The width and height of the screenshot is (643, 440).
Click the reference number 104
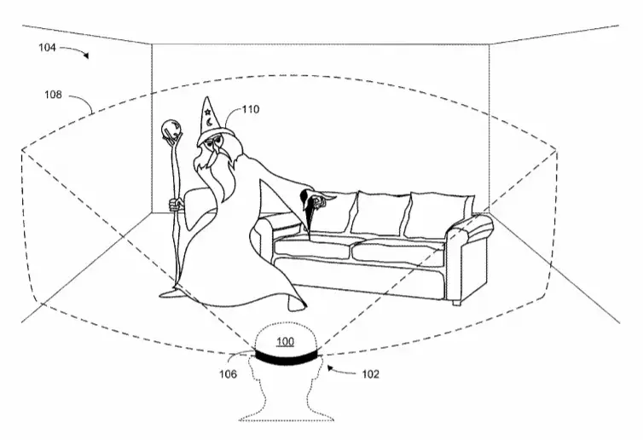tap(47, 48)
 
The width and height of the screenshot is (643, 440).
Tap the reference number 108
tap(53, 95)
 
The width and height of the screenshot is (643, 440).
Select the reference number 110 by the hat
tap(251, 109)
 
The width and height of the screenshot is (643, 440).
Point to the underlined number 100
tap(285, 341)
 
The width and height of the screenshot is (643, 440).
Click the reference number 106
tap(228, 374)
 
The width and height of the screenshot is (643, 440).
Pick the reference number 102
tap(370, 374)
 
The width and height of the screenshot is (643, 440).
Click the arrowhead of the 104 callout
tap(86, 55)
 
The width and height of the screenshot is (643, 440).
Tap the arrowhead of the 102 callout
tap(329, 368)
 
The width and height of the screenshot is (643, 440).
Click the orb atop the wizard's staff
tap(171, 130)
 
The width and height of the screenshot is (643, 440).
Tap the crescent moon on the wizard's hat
tap(209, 122)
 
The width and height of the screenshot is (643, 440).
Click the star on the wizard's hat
tap(207, 111)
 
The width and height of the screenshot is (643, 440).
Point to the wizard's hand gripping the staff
tap(177, 204)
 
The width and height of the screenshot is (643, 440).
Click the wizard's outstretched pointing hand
tap(319, 200)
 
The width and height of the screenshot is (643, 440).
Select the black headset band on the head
tap(286, 356)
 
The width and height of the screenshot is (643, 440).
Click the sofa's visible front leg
tap(457, 303)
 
